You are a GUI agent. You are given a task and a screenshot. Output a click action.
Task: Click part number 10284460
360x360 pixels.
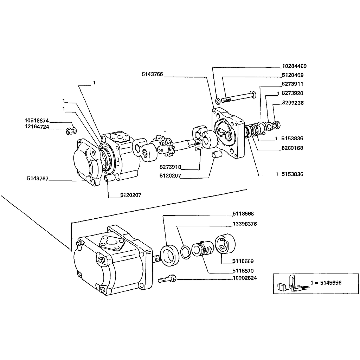click(294, 66)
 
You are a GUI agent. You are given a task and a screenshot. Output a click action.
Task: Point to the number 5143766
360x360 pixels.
click(152, 74)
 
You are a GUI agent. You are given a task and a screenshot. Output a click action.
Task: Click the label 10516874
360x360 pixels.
click(37, 120)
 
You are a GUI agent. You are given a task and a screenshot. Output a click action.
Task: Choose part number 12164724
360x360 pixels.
click(37, 127)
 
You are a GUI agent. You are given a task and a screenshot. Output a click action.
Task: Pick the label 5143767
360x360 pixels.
click(37, 179)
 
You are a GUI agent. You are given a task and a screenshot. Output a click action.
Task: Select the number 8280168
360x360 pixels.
click(292, 148)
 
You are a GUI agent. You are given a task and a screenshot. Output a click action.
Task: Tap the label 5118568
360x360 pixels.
click(243, 214)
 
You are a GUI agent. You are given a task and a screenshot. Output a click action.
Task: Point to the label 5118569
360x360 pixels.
click(243, 261)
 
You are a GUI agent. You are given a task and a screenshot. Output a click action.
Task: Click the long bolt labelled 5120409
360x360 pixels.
click(239, 97)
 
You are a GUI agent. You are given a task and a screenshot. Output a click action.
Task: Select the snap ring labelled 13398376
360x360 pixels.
click(185, 252)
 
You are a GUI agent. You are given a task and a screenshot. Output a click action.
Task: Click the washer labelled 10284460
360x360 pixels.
click(218, 101)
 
